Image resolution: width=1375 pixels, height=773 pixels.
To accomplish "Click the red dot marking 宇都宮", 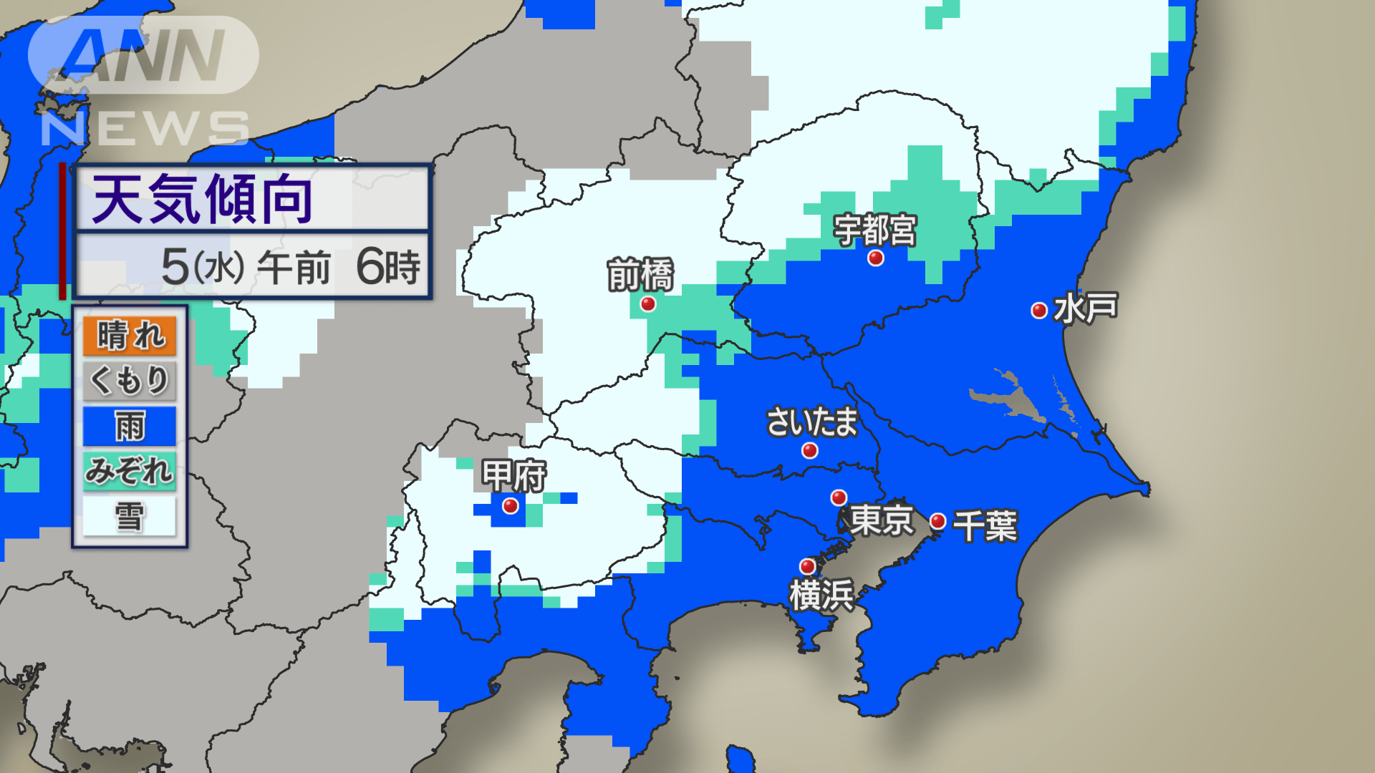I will pyautogui.click(x=875, y=258).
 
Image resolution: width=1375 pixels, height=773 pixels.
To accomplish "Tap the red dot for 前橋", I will pyautogui.click(x=648, y=304).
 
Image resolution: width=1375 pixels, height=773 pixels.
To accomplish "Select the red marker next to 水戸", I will pyautogui.click(x=1039, y=310).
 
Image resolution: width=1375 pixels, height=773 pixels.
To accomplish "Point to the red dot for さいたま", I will pyautogui.click(x=810, y=450).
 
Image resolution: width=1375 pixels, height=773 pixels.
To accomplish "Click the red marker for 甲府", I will pyautogui.click(x=511, y=506).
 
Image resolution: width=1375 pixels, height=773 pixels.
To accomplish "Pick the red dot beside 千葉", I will pyautogui.click(x=938, y=521).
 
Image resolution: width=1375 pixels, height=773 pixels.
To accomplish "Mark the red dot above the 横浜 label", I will pyautogui.click(x=808, y=566).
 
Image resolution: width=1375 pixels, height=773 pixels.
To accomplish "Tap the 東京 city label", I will pyautogui.click(x=882, y=520).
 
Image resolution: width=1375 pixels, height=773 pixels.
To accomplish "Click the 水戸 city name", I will pyautogui.click(x=1086, y=308).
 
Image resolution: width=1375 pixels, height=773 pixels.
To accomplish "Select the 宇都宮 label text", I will pyautogui.click(x=874, y=230).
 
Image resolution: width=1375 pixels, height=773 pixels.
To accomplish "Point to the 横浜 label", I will pyautogui.click(x=821, y=595).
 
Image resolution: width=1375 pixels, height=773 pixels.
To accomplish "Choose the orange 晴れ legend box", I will pyautogui.click(x=130, y=336).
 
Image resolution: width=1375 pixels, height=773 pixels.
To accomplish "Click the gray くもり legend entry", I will pyautogui.click(x=130, y=380).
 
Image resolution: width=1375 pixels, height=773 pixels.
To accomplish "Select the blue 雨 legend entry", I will pyautogui.click(x=130, y=426).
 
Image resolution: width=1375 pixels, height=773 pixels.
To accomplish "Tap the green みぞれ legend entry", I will pyautogui.click(x=130, y=470).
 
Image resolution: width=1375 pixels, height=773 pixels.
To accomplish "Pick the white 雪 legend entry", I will pyautogui.click(x=130, y=516).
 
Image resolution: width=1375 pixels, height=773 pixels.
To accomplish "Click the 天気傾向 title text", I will pyautogui.click(x=203, y=200).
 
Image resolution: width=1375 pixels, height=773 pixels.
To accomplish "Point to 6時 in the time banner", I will pyautogui.click(x=387, y=267).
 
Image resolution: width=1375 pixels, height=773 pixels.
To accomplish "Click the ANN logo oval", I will pyautogui.click(x=143, y=55).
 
